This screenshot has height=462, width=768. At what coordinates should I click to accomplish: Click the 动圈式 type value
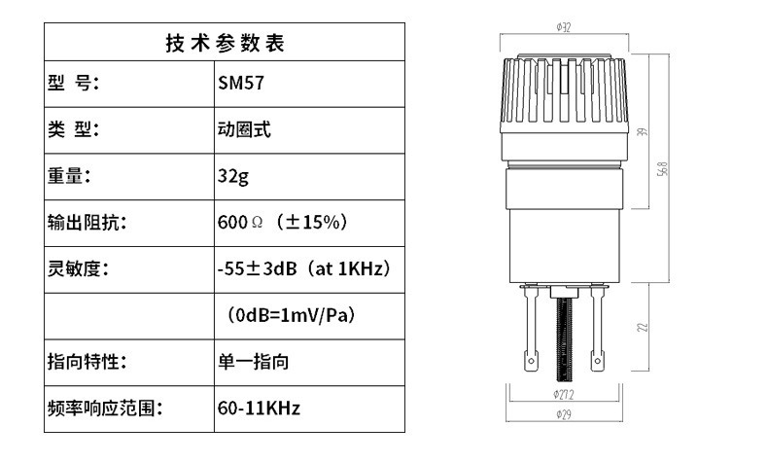click(244, 129)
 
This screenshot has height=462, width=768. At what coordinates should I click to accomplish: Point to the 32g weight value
click(234, 176)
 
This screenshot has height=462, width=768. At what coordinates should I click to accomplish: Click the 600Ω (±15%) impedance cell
click(281, 222)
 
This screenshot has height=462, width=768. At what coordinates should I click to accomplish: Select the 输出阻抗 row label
click(87, 222)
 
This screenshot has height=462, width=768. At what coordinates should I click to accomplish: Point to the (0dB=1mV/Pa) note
click(291, 315)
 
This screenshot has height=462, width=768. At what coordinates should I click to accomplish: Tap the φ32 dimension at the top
click(563, 28)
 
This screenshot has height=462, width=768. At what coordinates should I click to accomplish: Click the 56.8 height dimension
click(662, 169)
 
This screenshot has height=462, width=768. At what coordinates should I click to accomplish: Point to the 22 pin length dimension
click(643, 328)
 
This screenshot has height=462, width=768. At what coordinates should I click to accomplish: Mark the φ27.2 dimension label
click(563, 394)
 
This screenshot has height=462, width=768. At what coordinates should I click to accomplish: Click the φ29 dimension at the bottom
click(563, 416)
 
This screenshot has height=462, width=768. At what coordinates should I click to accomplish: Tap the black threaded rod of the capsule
click(562, 340)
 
